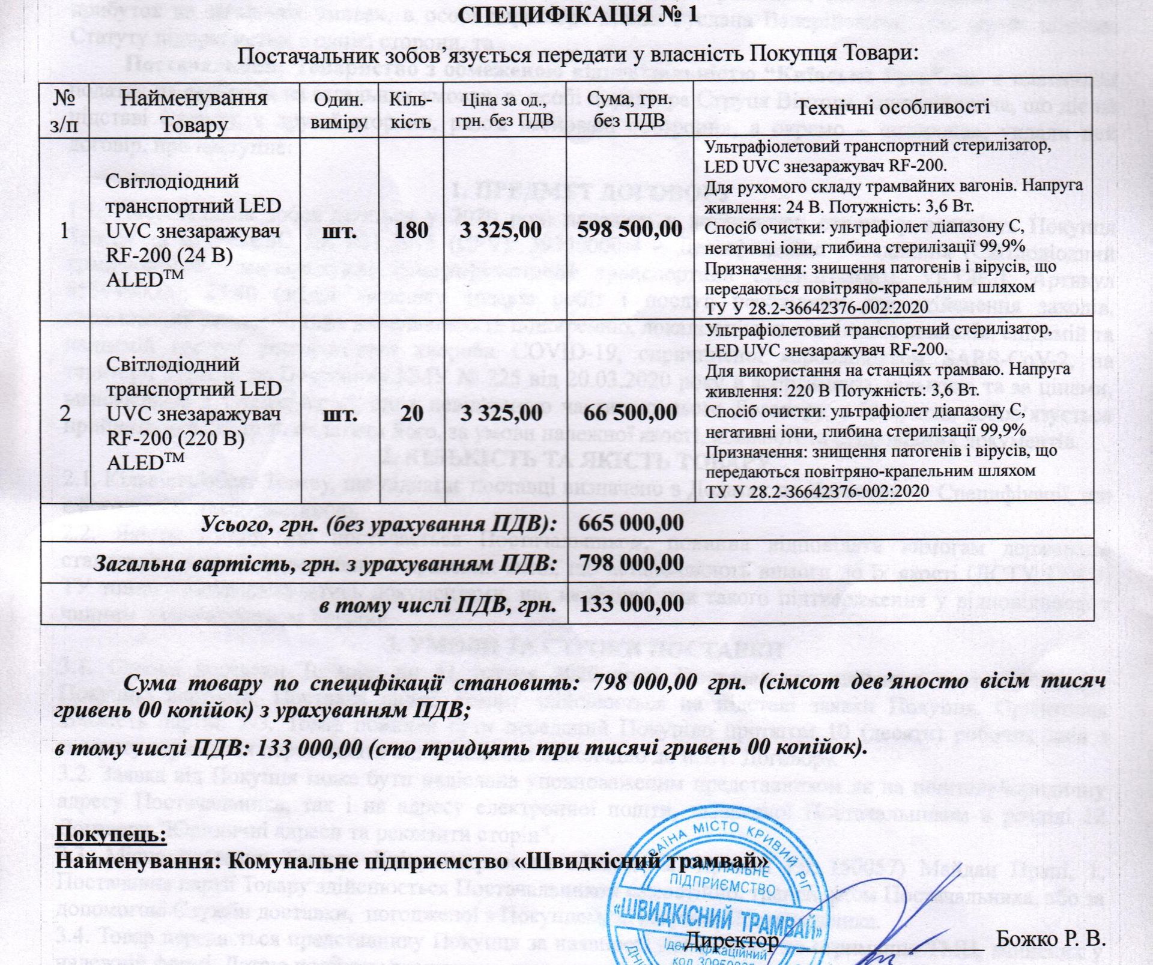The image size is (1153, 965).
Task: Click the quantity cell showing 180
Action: click(411, 230)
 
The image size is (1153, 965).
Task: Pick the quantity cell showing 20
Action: click(411, 413)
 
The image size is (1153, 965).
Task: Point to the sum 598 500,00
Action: click(629, 229)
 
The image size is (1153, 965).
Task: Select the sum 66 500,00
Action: click(629, 413)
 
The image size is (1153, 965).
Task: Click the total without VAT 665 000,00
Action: click(631, 523)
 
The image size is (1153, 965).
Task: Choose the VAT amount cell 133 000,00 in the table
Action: click(631, 604)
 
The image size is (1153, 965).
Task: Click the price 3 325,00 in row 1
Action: click(501, 229)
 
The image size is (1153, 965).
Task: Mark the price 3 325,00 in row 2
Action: click(501, 413)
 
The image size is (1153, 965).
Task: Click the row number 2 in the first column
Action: click(65, 413)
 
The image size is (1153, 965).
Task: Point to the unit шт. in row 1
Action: click(341, 231)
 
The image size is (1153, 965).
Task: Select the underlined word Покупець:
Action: click(110, 834)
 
